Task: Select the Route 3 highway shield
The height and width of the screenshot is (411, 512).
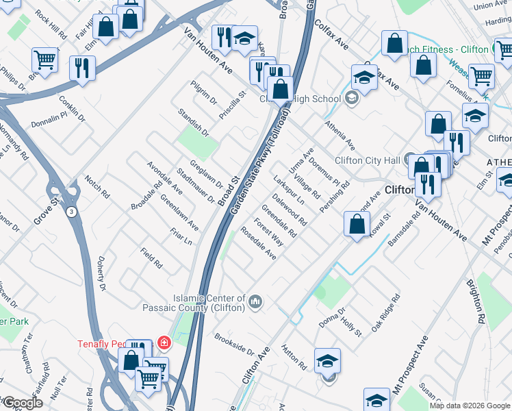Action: point(71,212)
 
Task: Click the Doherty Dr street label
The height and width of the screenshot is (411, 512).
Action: point(100,264)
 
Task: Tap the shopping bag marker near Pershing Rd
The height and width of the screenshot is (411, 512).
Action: point(357,224)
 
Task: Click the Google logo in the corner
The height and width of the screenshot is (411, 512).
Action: point(22,403)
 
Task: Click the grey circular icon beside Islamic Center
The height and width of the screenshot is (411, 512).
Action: point(255,302)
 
